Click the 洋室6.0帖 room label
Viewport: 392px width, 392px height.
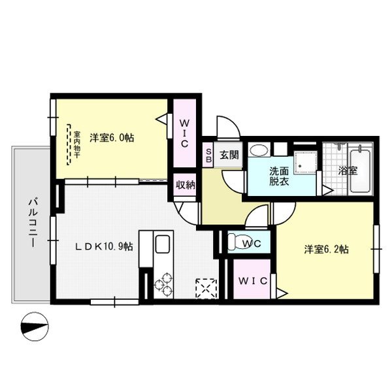[x=112, y=137]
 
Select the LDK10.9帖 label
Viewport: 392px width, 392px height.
[x=103, y=246]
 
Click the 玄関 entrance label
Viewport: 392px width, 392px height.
[x=228, y=155]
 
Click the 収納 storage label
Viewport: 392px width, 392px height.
[x=186, y=185]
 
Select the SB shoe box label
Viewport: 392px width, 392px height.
[x=208, y=155]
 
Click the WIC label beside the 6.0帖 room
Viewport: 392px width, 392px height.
[x=185, y=133]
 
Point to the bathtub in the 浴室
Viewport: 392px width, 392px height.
[x=360, y=170]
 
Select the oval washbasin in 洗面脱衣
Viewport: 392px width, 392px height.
[x=259, y=150]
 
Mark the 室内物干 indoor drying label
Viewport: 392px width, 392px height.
[x=76, y=144]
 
